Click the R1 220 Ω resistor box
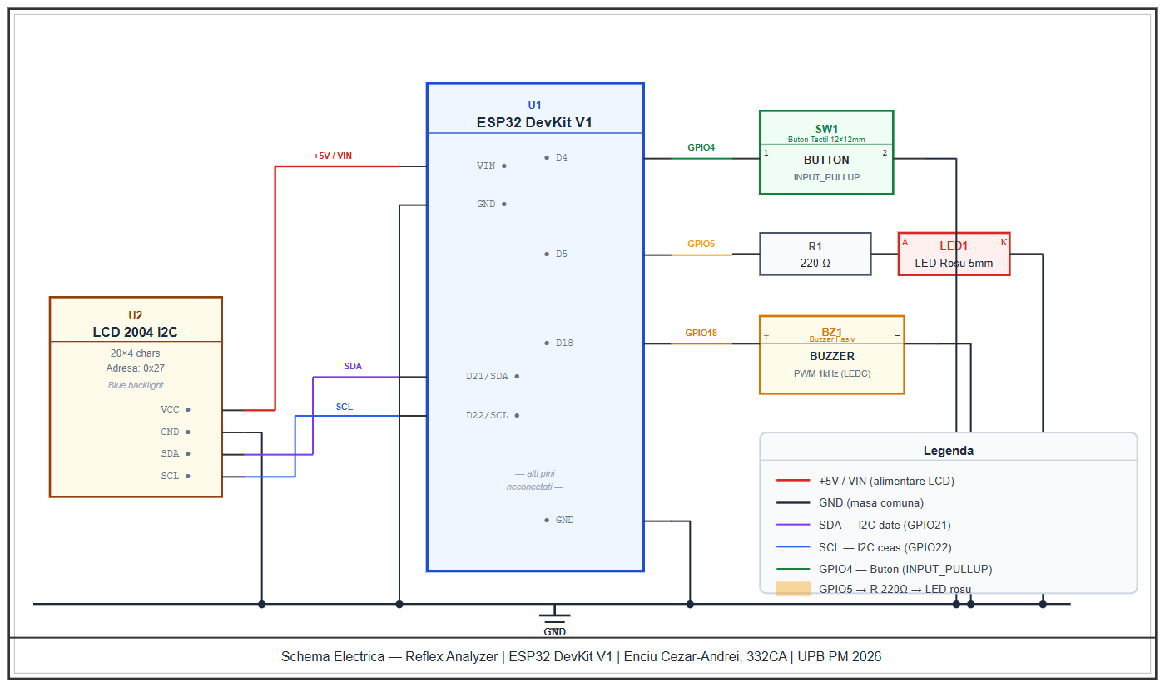[x=815, y=254]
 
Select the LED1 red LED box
[x=954, y=254]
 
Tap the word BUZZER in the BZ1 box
[x=831, y=356]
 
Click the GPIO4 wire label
[x=701, y=147]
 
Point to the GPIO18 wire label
[x=701, y=333]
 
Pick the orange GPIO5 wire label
[x=701, y=244]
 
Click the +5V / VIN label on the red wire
[x=332, y=156]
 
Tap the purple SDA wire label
[x=353, y=366]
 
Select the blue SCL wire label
[x=345, y=407]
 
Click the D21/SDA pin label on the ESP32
[x=487, y=376]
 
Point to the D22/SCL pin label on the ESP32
[x=487, y=415]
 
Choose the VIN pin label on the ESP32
[x=486, y=166]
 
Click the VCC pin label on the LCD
[x=170, y=409]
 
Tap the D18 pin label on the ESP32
[x=564, y=343]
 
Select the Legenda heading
[x=948, y=451]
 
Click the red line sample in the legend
[x=792, y=481]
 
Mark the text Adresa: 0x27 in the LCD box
[x=135, y=368]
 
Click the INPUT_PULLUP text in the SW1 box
[x=826, y=177]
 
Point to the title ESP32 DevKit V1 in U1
[x=534, y=122]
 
